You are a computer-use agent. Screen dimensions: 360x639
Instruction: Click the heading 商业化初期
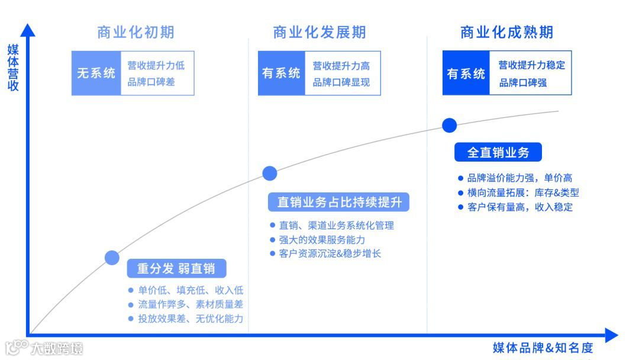point(135,32)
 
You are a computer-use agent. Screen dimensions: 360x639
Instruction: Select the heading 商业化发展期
point(319,32)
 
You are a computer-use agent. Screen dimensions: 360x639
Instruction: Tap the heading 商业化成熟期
point(507,32)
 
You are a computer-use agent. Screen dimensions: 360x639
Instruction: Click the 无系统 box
point(96,73)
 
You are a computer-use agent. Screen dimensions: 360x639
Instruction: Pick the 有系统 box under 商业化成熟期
point(466,73)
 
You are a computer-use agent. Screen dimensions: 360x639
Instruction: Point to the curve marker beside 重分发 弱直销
point(112,257)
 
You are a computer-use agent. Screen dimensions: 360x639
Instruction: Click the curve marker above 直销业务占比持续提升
point(270,173)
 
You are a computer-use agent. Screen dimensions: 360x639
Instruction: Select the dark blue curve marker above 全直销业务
point(450,126)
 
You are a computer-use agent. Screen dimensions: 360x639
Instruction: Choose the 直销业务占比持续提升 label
point(339,202)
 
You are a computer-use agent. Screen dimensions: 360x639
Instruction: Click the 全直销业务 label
point(498,152)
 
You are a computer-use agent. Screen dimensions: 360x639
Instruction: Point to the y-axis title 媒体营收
point(13,67)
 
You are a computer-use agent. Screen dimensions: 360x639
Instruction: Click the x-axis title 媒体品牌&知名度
point(543,348)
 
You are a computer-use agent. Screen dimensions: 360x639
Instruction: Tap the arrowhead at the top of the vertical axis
point(27,30)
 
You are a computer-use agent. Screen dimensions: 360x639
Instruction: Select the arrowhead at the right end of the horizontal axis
point(611,336)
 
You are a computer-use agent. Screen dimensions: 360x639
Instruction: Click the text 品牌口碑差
point(151,82)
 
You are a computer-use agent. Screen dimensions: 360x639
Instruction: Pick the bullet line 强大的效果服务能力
point(322,240)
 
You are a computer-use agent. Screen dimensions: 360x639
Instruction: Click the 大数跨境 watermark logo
point(44,348)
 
